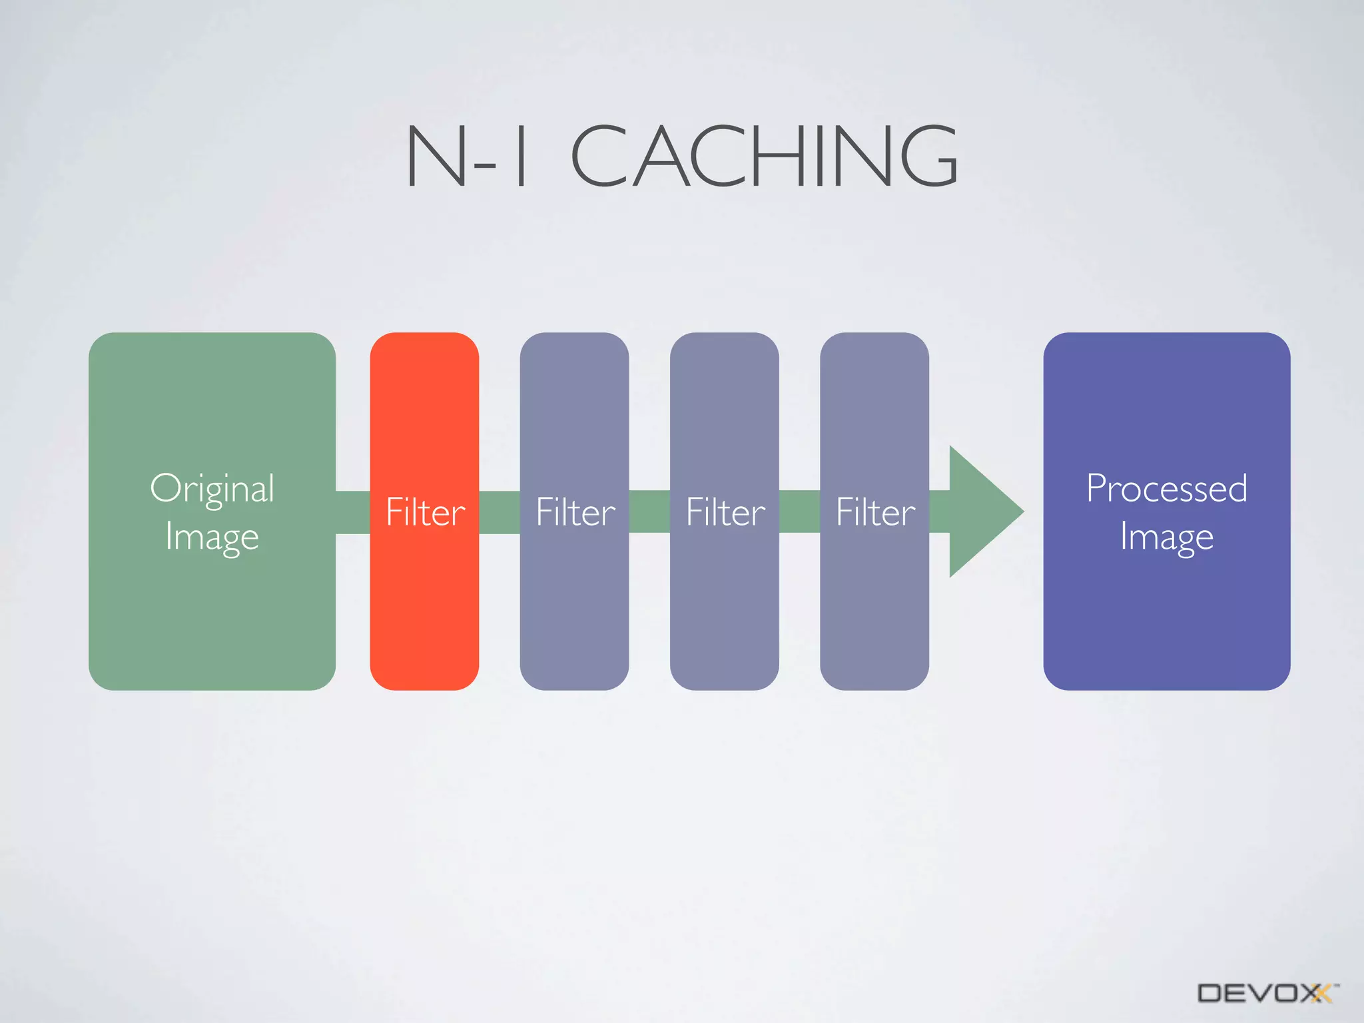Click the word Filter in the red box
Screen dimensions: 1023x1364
click(x=426, y=512)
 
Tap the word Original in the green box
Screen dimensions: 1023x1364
click(x=212, y=489)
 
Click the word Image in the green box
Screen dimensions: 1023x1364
click(x=212, y=537)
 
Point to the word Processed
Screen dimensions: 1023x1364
click(x=1166, y=488)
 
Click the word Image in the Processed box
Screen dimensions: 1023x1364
click(x=1166, y=537)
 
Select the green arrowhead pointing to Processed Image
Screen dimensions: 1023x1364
click(x=982, y=511)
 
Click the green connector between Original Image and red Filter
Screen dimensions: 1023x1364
click(x=352, y=512)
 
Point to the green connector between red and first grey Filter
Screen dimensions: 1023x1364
click(x=500, y=512)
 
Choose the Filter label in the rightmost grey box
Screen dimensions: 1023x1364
click(x=875, y=512)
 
